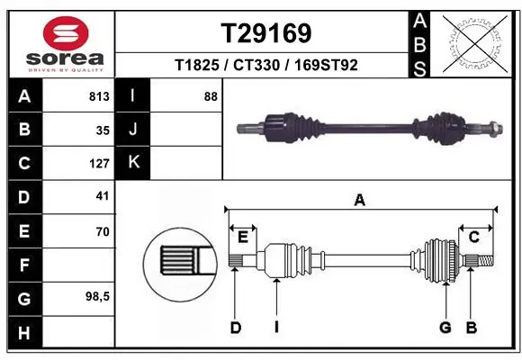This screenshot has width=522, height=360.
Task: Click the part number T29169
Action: point(266,33)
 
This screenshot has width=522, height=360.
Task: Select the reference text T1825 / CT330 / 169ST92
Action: point(266,65)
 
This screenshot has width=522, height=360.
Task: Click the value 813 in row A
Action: point(99,96)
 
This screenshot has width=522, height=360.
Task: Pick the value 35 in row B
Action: point(102,130)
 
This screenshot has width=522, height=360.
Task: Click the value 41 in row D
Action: point(102,197)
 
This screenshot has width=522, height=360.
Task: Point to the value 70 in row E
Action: point(102,231)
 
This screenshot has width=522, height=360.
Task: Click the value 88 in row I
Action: point(211,96)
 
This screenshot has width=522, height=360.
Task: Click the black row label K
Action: point(133,163)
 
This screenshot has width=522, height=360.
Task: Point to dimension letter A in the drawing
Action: point(360,201)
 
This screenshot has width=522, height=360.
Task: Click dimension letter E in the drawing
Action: point(242,237)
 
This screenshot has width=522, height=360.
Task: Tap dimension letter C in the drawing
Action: point(473,237)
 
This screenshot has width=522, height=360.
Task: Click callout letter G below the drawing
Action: point(445,328)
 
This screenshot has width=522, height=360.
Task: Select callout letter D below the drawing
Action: point(235,328)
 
